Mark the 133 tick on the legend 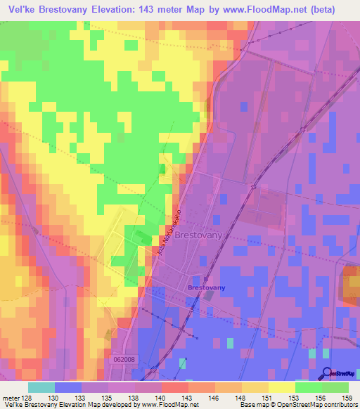pos(82,397)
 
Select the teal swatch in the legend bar pos(41,387)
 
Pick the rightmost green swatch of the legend pos(335,387)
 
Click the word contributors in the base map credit pos(340,405)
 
